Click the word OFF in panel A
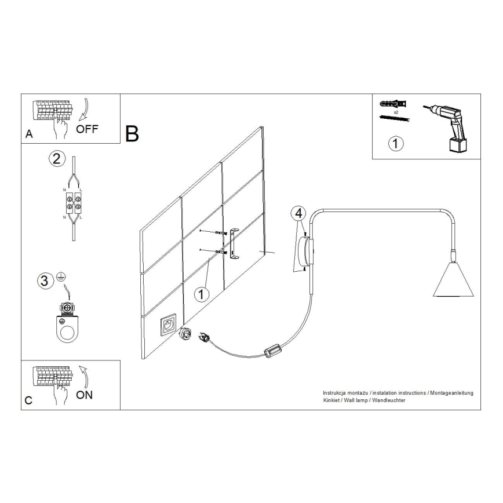coord(88,129)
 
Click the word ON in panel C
coord(85,396)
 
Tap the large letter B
coord(132,134)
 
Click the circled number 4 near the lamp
coord(298,213)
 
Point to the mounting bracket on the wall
coord(234,243)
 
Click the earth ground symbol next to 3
coord(60,278)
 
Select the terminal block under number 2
coord(72,201)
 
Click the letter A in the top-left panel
coord(29,134)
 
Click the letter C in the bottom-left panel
coord(29,401)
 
